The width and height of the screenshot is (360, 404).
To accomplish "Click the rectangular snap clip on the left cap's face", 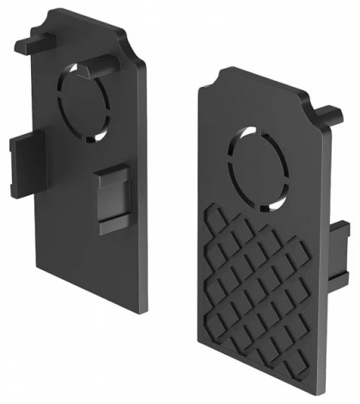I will (112, 197).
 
